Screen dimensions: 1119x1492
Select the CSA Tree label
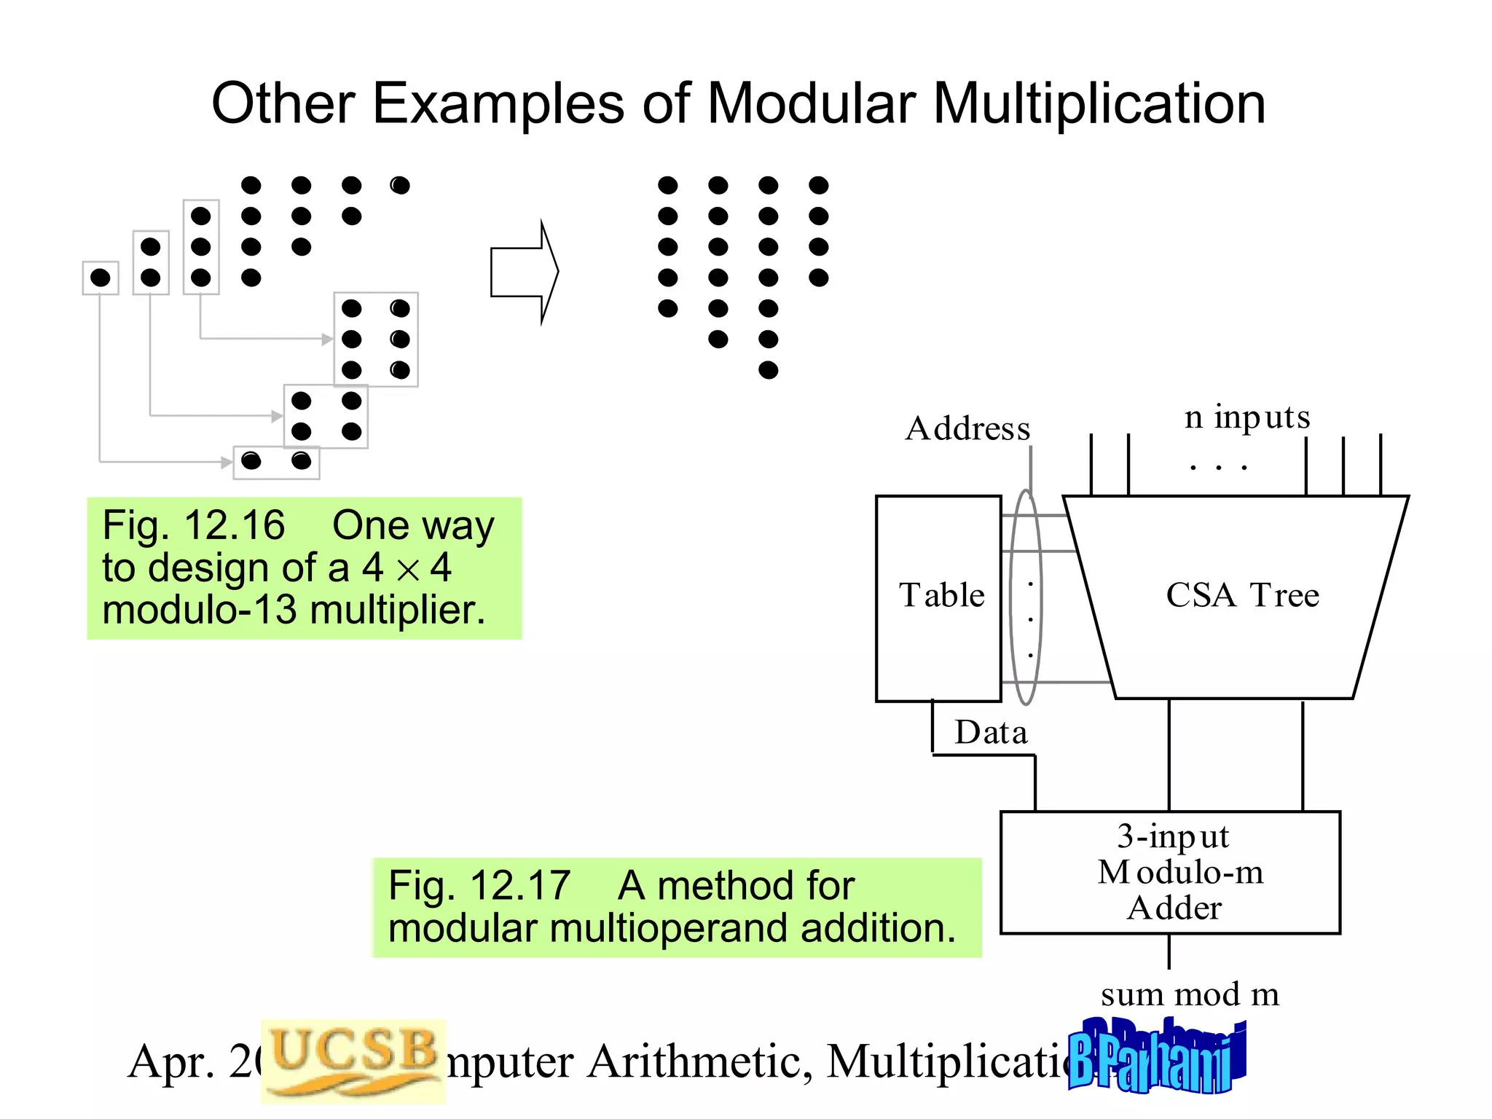[x=1242, y=595]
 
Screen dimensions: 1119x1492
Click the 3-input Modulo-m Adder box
[x=1170, y=872]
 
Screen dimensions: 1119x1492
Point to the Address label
[x=967, y=428]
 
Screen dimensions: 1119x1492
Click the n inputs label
[x=1247, y=417]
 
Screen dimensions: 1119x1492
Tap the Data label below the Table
[x=991, y=732]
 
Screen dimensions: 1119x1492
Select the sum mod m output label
[x=1190, y=994]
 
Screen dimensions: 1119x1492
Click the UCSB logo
[x=353, y=1059]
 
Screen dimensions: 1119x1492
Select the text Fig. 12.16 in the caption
[x=193, y=525]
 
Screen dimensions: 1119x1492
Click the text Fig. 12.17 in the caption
[x=479, y=886]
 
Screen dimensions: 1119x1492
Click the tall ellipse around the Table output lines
[x=1025, y=597]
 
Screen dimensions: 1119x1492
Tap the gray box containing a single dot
[x=101, y=278]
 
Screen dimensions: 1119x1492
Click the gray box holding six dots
[x=376, y=339]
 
